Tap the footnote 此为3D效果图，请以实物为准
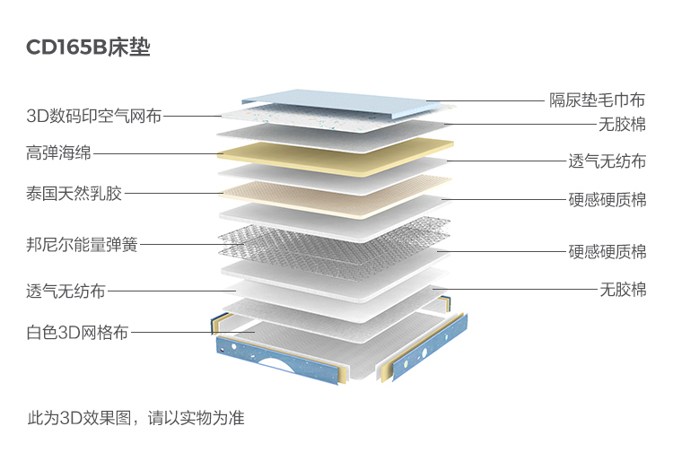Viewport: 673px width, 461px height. pos(135,418)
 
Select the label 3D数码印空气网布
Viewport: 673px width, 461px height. pos(94,116)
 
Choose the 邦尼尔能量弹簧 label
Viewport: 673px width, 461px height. pos(82,244)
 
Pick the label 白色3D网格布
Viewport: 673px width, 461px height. pos(77,333)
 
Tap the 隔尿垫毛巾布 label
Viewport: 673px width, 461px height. pos(598,100)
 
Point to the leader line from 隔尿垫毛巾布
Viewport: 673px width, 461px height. pos(489,100)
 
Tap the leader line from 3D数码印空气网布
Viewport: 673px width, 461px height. pos(193,116)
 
